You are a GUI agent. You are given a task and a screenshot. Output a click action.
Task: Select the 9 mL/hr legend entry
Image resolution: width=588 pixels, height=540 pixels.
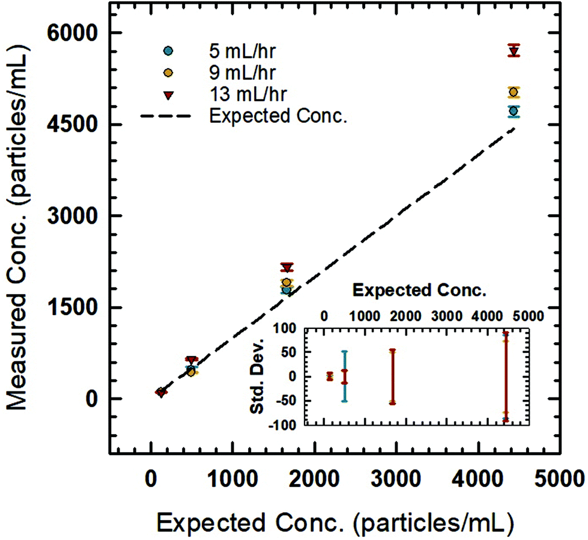click(225, 73)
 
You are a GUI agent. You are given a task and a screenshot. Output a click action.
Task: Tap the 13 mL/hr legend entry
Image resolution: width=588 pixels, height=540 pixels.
click(225, 94)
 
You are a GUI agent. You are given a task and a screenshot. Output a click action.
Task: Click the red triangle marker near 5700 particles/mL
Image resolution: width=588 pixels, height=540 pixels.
click(514, 51)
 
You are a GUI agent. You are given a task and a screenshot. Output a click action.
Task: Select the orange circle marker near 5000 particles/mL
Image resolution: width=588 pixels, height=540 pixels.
click(513, 92)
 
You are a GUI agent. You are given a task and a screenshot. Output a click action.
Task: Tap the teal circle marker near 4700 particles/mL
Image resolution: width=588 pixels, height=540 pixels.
click(513, 111)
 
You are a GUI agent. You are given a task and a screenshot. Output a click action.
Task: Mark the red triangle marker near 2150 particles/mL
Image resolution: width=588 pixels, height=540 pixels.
click(287, 267)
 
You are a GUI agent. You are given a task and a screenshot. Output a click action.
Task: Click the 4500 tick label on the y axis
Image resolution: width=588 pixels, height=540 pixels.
click(77, 124)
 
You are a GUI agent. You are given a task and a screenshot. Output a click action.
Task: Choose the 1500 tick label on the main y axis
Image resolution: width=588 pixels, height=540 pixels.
click(77, 307)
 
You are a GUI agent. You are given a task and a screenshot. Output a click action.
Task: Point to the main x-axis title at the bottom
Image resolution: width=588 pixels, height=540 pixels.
click(336, 517)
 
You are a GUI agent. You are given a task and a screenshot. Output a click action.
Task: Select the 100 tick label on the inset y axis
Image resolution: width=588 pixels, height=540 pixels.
click(285, 328)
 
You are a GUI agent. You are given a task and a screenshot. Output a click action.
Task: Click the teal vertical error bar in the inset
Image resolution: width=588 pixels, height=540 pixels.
click(344, 376)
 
